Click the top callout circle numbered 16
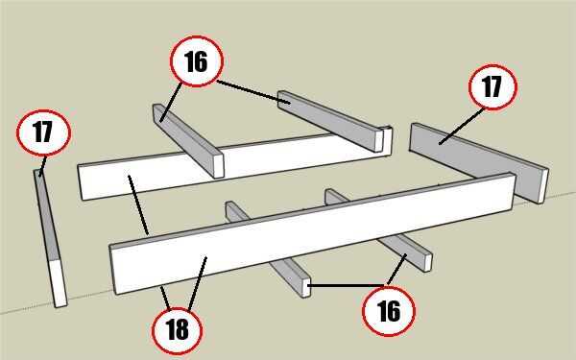[x=197, y=61]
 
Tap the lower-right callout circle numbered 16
[x=389, y=311]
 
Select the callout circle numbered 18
[x=177, y=329]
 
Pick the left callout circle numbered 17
[x=43, y=132]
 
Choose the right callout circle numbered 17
[x=492, y=87]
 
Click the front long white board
[x=312, y=232]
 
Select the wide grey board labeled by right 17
[x=477, y=161]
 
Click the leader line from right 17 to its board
[x=462, y=126]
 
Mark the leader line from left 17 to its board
[x=42, y=166]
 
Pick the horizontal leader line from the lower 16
[x=346, y=285]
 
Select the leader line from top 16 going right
[x=253, y=92]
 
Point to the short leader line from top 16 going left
[x=171, y=102]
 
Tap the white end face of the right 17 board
[x=543, y=186]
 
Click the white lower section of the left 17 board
[x=59, y=282]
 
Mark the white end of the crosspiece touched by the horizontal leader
[x=305, y=287]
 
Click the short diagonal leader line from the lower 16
[x=396, y=270]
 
